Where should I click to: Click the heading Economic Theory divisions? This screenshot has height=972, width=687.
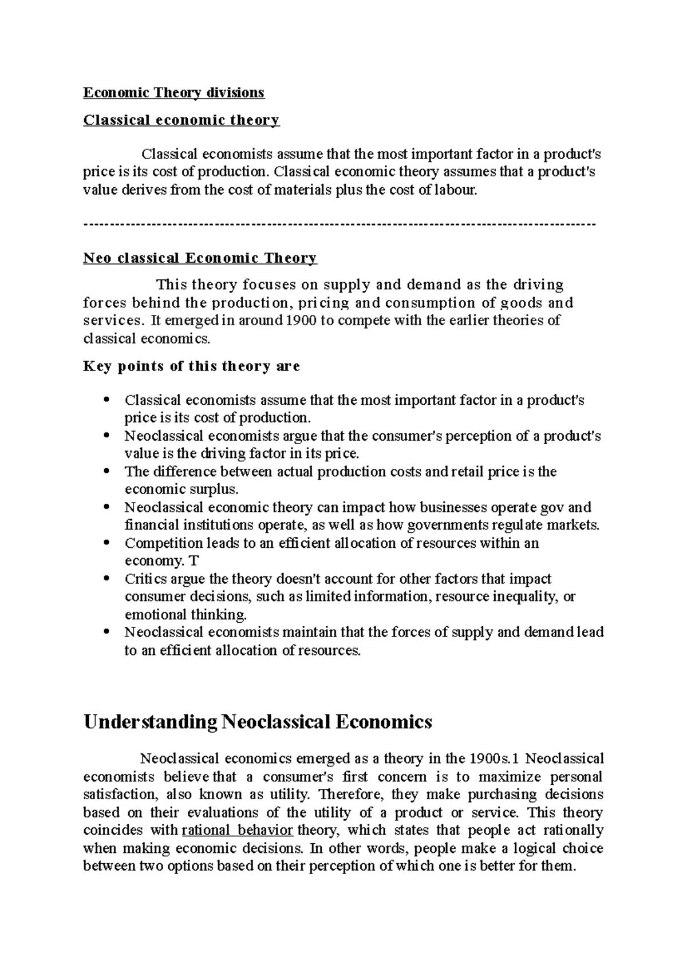pos(174,92)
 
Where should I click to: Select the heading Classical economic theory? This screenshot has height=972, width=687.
pos(181,120)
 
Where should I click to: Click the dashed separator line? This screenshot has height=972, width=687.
pos(339,224)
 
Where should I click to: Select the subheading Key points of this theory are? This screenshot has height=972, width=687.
pos(191,366)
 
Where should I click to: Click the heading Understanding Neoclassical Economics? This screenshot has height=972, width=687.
pos(257,722)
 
